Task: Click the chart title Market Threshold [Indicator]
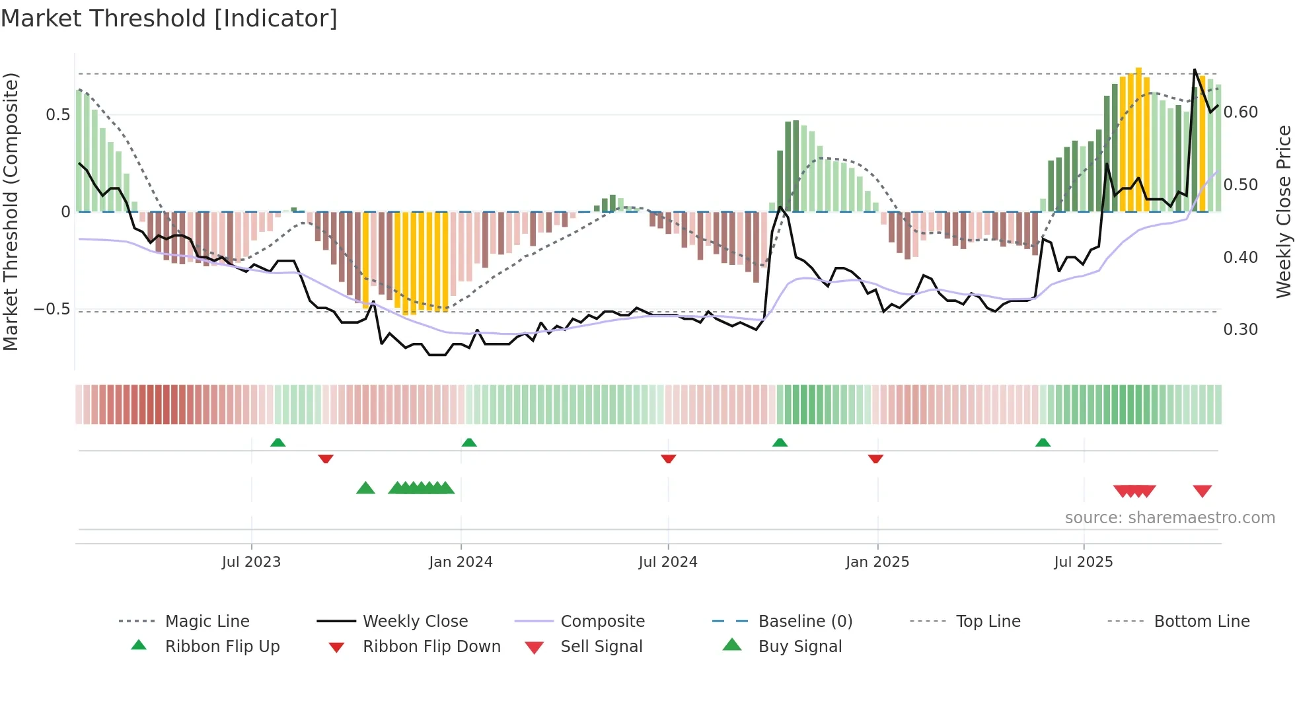click(169, 18)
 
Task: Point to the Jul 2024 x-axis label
click(667, 562)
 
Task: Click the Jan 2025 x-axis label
click(877, 562)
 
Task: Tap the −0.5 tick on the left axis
click(52, 309)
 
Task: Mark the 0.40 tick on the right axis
click(1240, 257)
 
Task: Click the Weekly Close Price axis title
click(1283, 211)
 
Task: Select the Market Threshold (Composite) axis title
click(11, 211)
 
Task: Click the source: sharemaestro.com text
click(1169, 517)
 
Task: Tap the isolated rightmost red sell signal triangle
click(1202, 491)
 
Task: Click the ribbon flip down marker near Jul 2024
click(668, 458)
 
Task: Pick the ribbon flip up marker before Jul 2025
click(1043, 443)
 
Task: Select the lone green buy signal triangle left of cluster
click(365, 488)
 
